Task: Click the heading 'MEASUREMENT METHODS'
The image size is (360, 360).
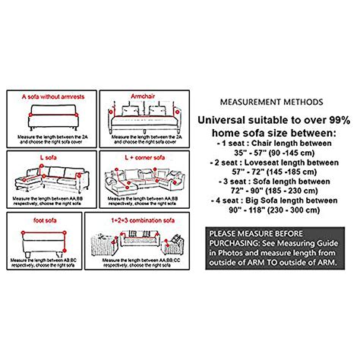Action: click(270, 102)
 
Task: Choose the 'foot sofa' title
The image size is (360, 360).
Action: click(30, 217)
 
